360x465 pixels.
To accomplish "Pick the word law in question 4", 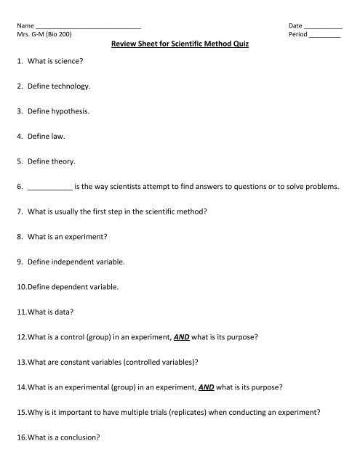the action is tap(60, 136).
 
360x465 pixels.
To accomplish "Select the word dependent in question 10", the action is tap(73, 286).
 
